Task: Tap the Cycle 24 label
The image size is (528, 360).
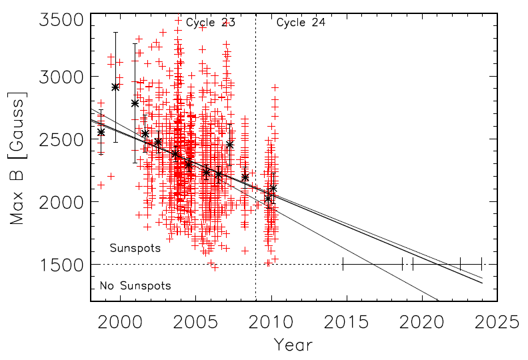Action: click(x=301, y=23)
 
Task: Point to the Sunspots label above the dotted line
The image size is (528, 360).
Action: click(x=135, y=249)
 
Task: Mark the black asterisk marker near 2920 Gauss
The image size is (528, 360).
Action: click(x=115, y=87)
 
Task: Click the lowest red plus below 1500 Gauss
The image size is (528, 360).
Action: click(x=215, y=267)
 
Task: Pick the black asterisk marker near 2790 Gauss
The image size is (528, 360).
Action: click(x=135, y=103)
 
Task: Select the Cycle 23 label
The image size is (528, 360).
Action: click(x=210, y=23)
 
